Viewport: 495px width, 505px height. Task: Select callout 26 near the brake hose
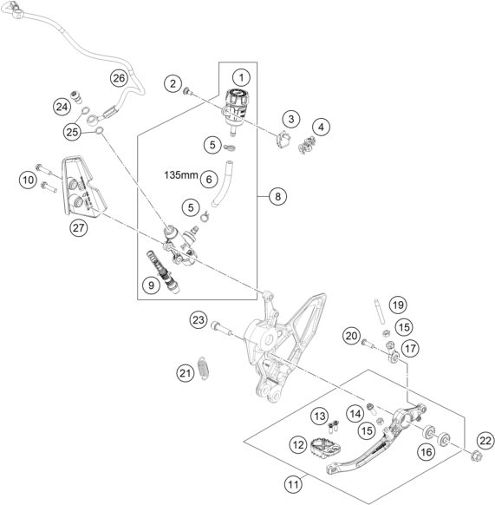click(118, 78)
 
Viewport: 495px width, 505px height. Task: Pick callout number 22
click(484, 441)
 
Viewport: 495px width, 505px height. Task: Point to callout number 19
click(396, 305)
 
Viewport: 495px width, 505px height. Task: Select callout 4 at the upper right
click(322, 127)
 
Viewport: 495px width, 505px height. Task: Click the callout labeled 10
click(26, 180)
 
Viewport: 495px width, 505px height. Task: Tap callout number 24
click(61, 107)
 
